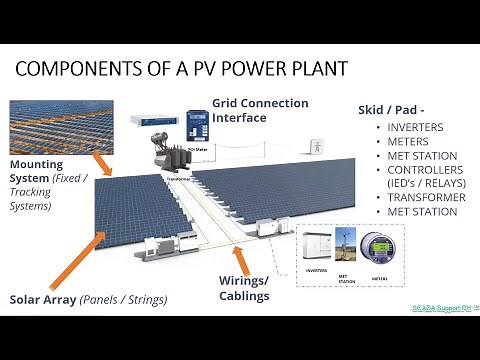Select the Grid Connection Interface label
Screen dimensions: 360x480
pyautogui.click(x=260, y=110)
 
